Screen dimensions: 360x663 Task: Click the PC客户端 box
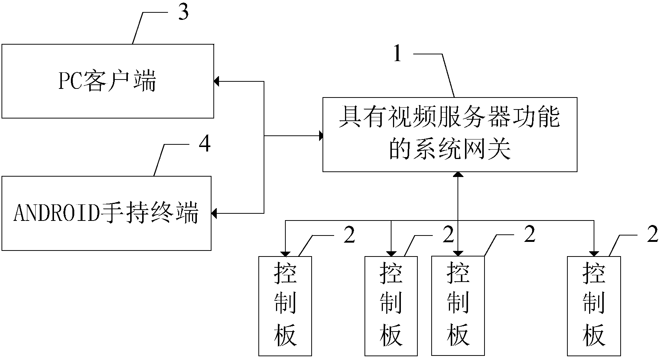[108, 81]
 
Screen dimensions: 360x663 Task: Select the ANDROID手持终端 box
[106, 213]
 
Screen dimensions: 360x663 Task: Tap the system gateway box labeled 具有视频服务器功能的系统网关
[450, 134]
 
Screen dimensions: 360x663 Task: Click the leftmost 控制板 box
[285, 306]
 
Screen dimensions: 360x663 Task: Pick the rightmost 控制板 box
[594, 306]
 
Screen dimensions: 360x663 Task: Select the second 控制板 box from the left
[391, 306]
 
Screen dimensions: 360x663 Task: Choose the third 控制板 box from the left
[458, 306]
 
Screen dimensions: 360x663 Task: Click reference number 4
[204, 144]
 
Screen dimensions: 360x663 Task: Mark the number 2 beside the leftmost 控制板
[349, 235]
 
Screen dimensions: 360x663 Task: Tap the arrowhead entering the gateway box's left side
[321, 135]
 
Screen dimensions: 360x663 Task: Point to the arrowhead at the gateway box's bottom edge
[458, 174]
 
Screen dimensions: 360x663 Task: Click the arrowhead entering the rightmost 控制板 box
[594, 253]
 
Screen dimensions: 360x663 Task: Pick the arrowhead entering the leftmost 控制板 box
[285, 253]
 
